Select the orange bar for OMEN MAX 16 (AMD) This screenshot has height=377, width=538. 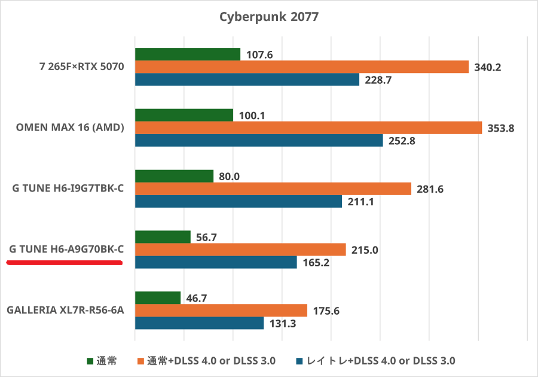point(308,128)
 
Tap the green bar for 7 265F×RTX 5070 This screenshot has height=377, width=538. point(188,54)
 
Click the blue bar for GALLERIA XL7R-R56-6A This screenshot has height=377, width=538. point(200,323)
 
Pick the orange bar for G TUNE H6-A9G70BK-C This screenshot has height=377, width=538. point(241,250)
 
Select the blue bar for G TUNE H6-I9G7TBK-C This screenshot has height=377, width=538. point(239,202)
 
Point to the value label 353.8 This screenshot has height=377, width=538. point(502,128)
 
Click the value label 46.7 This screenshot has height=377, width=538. point(197,298)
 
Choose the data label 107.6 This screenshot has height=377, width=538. point(259,55)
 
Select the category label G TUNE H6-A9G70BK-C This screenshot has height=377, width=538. point(66,250)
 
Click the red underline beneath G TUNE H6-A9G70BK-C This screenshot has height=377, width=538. point(65,263)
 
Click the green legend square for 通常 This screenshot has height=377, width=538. point(91,361)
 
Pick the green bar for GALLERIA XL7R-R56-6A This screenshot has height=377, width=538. point(158,298)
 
